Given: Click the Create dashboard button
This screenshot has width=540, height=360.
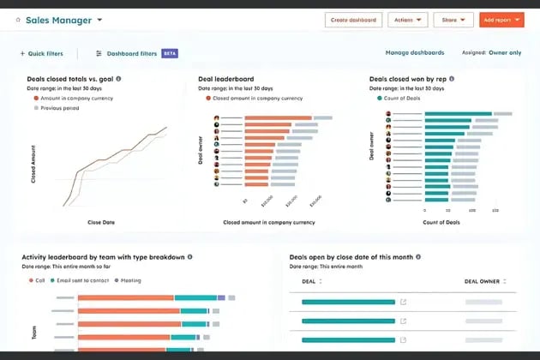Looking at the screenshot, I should click(x=353, y=20).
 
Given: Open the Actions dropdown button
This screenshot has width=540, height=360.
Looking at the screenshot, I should click(x=407, y=20).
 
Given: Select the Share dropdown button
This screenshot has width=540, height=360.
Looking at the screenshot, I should click(x=453, y=20).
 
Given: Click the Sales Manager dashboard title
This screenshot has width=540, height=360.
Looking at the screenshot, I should click(x=58, y=20).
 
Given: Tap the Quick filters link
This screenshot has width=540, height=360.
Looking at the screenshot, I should click(x=44, y=53).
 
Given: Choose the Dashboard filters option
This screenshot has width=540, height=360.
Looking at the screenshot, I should click(x=131, y=53).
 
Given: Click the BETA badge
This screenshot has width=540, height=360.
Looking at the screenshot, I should click(x=170, y=53).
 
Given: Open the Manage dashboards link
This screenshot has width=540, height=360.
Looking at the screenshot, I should click(x=415, y=53).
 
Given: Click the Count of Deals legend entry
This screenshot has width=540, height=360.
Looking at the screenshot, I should click(x=400, y=98).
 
